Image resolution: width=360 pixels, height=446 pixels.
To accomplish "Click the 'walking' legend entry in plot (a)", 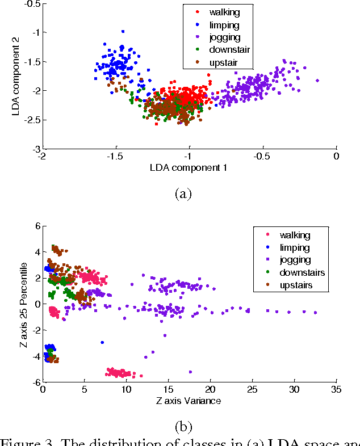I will (x=223, y=11).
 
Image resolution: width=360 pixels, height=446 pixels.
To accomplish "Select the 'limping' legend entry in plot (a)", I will (x=223, y=24).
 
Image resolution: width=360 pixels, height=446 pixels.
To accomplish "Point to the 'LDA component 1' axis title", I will (x=189, y=167).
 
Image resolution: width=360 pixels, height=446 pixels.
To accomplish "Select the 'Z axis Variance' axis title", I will (x=189, y=401).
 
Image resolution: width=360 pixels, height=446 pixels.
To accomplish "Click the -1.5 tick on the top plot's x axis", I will (x=115, y=156).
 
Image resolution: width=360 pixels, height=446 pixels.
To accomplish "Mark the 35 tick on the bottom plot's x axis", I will (x=335, y=390).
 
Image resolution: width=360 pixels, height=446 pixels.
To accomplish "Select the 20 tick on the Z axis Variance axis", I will (x=210, y=390).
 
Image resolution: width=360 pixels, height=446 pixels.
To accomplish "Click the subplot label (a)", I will (x=182, y=193).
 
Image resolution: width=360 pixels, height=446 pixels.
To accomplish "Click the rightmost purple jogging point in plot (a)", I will (x=317, y=81).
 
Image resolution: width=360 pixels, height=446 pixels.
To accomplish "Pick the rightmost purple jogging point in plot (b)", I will (x=315, y=313).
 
